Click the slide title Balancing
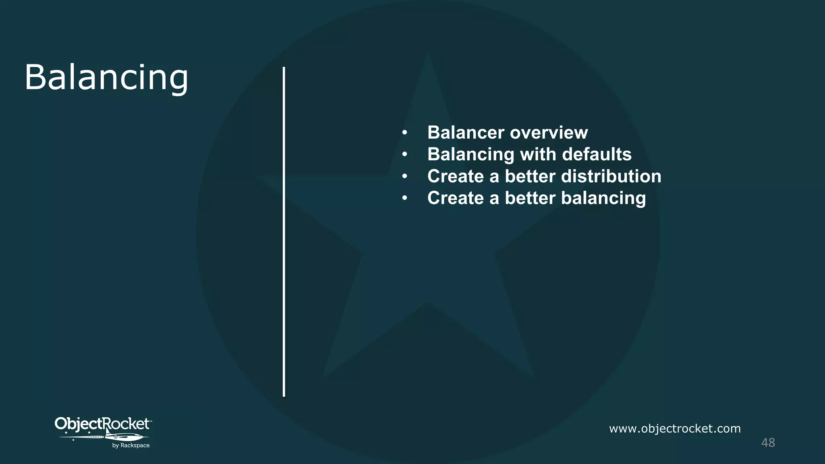[x=106, y=77]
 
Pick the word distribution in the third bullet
[x=611, y=176]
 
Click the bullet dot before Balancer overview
[x=405, y=133]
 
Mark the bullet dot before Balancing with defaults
[x=405, y=154]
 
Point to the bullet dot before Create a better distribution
[x=405, y=176]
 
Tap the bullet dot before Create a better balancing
[x=405, y=198]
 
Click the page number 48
[x=768, y=443]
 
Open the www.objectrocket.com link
[x=675, y=429]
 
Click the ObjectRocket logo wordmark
[x=102, y=424]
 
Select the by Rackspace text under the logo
[x=131, y=445]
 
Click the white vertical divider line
[x=284, y=232]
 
